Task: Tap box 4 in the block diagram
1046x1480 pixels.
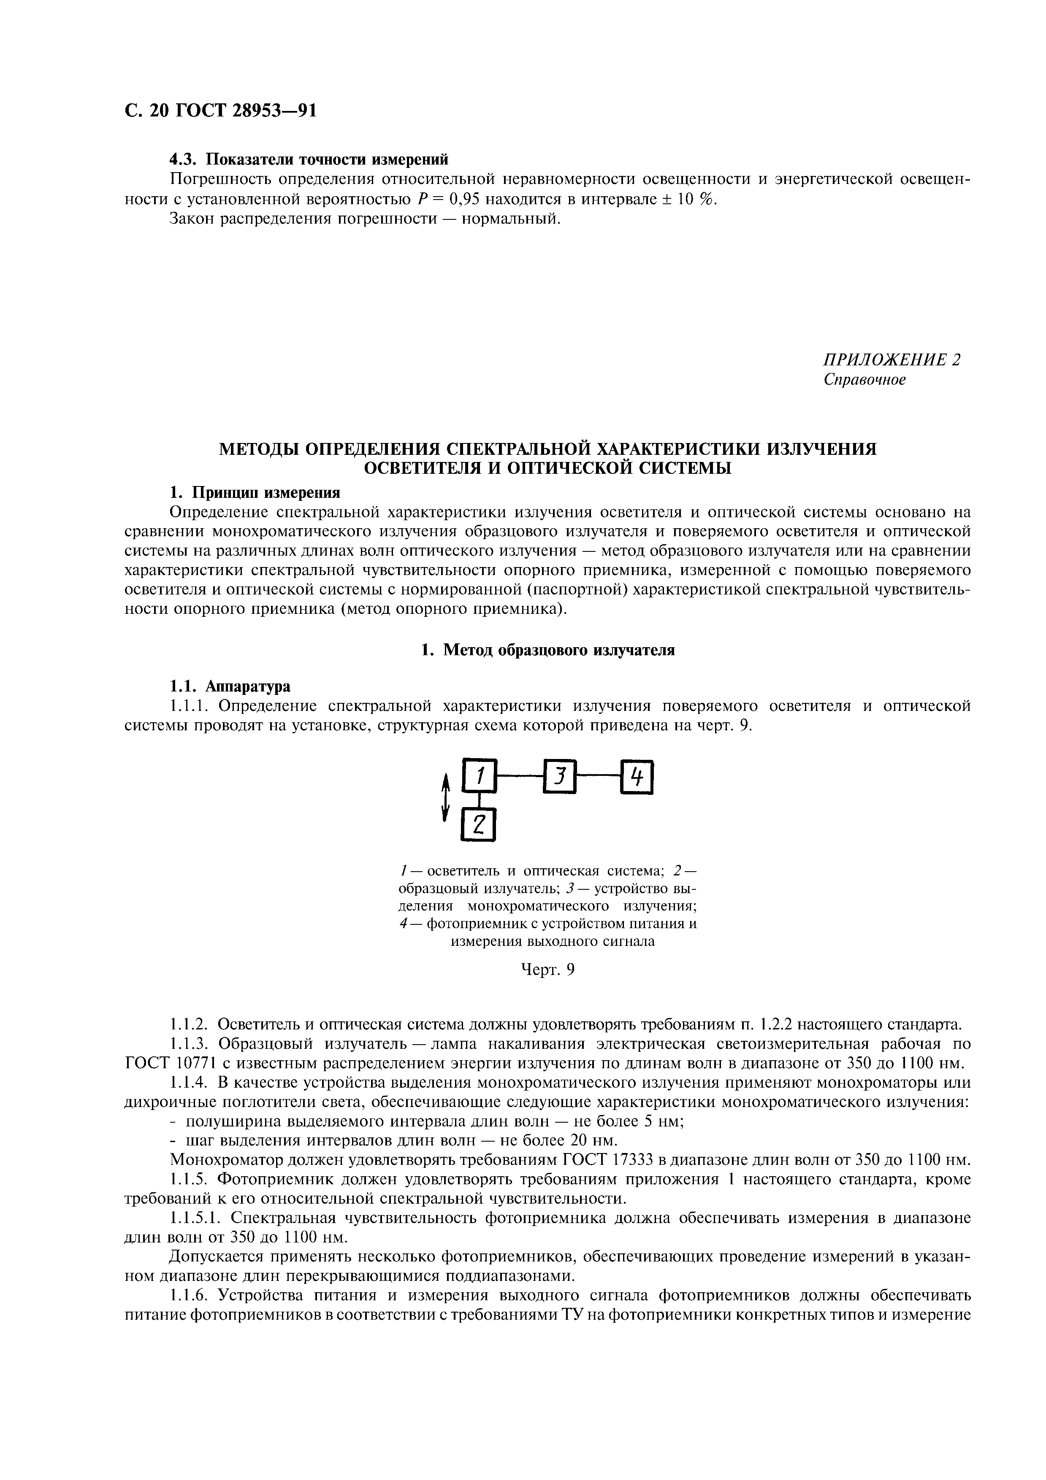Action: pyautogui.click(x=637, y=778)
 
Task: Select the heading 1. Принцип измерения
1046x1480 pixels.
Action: pyautogui.click(x=254, y=492)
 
